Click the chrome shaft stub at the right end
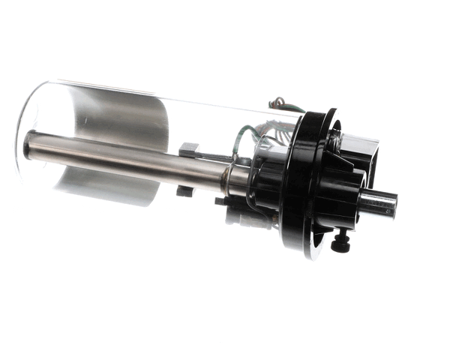[x=379, y=203]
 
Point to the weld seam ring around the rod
[x=224, y=177]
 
